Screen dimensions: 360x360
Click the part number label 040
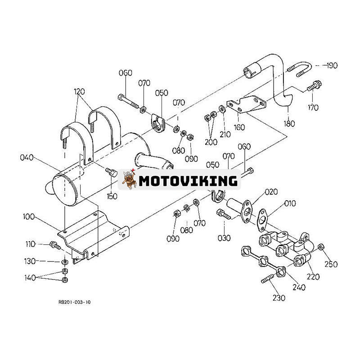point(27,157)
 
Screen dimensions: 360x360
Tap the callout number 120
point(80,91)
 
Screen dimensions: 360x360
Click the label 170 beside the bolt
point(313,108)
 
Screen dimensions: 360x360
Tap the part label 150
point(112,196)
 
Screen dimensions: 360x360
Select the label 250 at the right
point(331,265)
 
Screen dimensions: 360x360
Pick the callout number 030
point(224,238)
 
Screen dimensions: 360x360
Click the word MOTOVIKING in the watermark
point(188,181)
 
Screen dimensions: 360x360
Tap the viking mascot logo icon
point(129,180)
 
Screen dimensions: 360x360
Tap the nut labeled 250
point(321,247)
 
